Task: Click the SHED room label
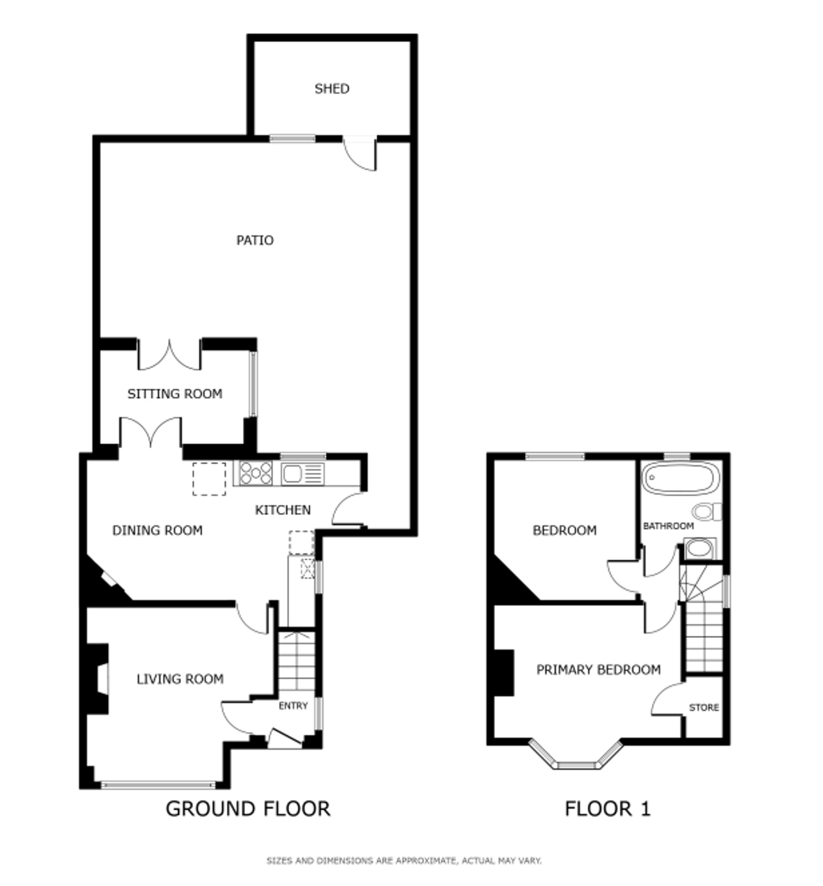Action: pos(332,88)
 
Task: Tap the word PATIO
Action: pos(255,241)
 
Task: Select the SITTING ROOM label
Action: pos(174,394)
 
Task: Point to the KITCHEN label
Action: pos(282,510)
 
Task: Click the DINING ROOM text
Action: pos(157,530)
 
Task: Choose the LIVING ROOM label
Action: pos(180,679)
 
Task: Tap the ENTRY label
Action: pos(293,706)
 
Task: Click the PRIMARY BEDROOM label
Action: pos(598,670)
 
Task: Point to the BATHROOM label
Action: pos(668,526)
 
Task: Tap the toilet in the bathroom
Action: pos(707,512)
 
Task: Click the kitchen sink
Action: pos(302,474)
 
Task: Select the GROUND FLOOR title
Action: pos(248,809)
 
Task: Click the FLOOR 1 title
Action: pos(607,809)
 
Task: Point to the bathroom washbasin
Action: pos(700,549)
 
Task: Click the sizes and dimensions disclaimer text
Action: pos(404,860)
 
